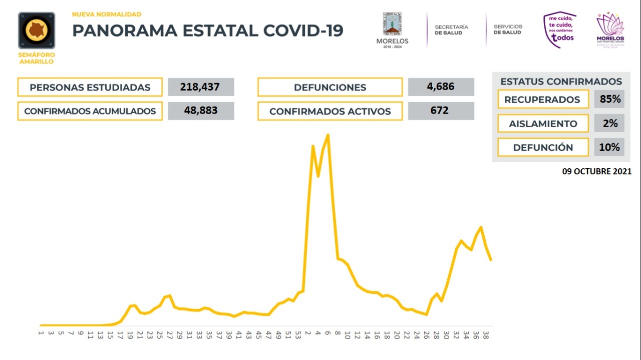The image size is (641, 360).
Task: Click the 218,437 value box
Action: pos(201,87)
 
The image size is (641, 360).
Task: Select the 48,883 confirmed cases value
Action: pos(201,111)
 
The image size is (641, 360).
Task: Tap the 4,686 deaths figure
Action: pos(441,87)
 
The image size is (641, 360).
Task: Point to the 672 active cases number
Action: pos(441,111)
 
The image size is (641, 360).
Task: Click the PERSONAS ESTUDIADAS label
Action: pos(90,87)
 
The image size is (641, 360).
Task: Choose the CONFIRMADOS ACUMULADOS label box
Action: pos(90,111)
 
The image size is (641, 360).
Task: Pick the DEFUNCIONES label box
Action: pos(330,87)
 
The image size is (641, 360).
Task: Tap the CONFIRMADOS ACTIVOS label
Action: pos(330,111)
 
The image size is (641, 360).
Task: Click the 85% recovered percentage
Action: pos(609,99)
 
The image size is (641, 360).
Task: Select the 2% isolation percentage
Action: pos(609,123)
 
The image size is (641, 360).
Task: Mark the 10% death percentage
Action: pos(609,147)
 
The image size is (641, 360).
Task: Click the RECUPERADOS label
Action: pos(542,100)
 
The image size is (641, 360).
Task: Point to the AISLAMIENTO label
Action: pos(542,124)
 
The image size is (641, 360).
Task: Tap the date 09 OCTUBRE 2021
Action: pos(596,171)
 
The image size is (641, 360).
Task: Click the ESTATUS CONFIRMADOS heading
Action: pos(561,82)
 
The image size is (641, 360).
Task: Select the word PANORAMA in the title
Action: pos(124,31)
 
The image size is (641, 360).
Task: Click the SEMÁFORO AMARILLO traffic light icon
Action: pos(37,31)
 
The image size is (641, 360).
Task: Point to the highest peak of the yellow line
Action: pos(328,135)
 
